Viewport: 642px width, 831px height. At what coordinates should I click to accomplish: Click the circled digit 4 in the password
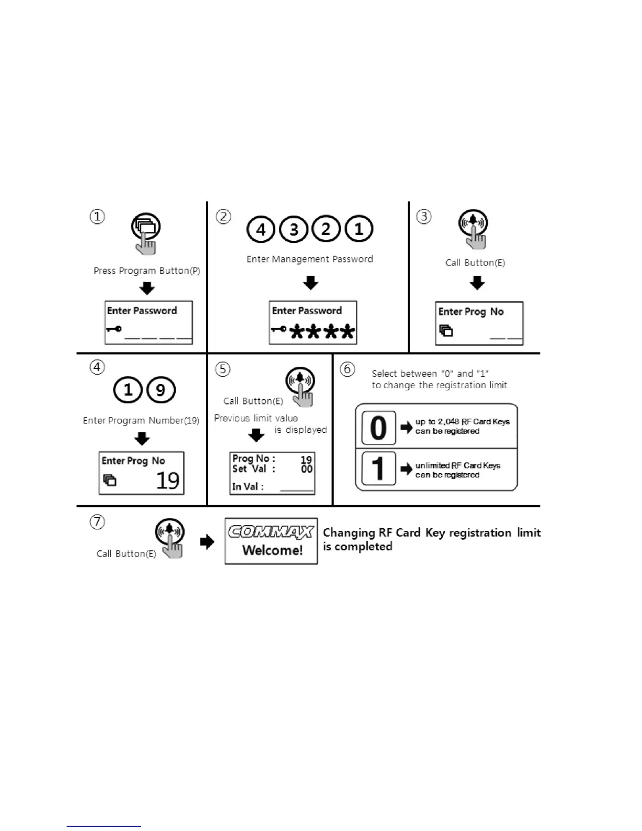click(x=261, y=229)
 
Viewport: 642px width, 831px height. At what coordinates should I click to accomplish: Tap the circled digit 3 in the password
click(x=294, y=229)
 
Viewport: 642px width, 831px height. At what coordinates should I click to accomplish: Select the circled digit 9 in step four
click(x=160, y=390)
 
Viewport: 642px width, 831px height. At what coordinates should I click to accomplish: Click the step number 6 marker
click(x=347, y=369)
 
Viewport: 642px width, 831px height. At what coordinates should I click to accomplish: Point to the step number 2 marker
click(x=223, y=217)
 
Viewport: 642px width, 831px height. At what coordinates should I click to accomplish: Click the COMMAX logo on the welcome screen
click(x=271, y=532)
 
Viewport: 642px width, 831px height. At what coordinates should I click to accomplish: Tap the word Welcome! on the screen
click(x=272, y=550)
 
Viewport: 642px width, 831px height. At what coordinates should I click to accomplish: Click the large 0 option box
click(x=378, y=428)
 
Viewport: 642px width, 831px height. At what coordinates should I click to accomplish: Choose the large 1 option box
click(x=378, y=468)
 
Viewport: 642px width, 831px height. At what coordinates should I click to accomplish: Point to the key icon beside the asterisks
click(x=279, y=329)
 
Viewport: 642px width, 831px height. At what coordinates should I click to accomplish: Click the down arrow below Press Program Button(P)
click(x=147, y=288)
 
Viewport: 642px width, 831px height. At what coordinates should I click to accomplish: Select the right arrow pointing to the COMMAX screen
click(x=208, y=541)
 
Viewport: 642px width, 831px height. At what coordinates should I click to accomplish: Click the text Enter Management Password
click(x=309, y=259)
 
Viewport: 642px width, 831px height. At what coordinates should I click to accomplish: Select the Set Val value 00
click(x=307, y=469)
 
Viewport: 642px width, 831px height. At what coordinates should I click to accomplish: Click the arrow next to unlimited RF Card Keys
click(x=406, y=469)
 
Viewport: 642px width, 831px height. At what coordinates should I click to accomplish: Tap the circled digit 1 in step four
click(x=128, y=390)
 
